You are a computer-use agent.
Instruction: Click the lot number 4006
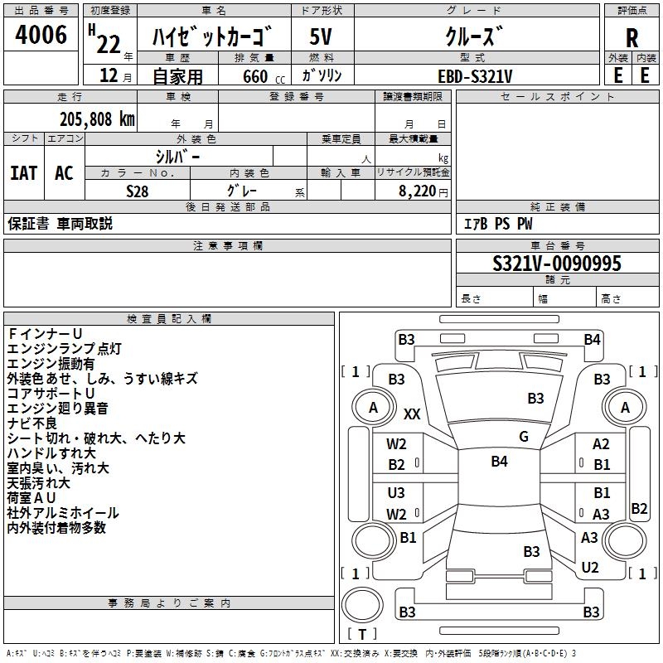[x=41, y=36]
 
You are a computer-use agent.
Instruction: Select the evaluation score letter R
[x=632, y=37]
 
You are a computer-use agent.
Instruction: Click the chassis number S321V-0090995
[x=557, y=264]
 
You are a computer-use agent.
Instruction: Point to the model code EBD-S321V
[x=475, y=75]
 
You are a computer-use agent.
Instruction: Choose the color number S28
[x=137, y=191]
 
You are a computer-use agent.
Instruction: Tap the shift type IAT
[x=24, y=173]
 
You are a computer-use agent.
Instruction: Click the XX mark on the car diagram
[x=412, y=414]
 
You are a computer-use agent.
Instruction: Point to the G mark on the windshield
[x=524, y=437]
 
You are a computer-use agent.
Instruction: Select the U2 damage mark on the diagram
[x=590, y=568]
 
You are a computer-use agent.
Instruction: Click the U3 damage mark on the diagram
[x=396, y=493]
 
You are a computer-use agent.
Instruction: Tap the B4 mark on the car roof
[x=499, y=462]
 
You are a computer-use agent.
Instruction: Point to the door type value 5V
[x=321, y=37]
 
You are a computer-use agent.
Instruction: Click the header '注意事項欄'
[x=228, y=246]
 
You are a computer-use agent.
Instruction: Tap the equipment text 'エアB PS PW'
[x=498, y=224]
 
